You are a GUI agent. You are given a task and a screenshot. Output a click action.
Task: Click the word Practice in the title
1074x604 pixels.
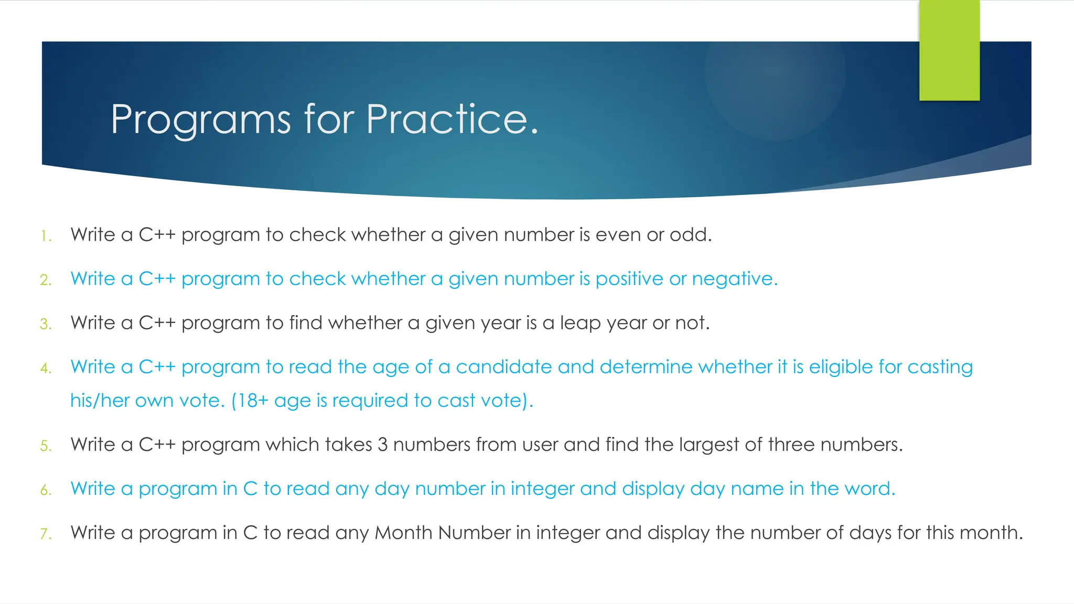point(452,120)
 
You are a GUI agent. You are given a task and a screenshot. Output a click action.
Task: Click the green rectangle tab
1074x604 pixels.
point(949,50)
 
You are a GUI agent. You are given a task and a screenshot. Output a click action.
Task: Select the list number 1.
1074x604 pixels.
point(46,236)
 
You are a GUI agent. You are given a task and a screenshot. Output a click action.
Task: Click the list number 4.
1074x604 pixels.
point(46,368)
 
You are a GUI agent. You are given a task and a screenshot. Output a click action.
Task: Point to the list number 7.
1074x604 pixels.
point(46,534)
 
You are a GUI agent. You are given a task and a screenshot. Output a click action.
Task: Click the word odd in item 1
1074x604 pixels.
point(690,234)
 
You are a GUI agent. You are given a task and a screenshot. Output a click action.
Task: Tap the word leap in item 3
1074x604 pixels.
point(580,323)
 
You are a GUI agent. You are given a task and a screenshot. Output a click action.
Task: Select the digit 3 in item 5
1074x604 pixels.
point(382,445)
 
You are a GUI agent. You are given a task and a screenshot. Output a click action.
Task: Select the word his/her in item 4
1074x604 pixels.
point(100,401)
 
